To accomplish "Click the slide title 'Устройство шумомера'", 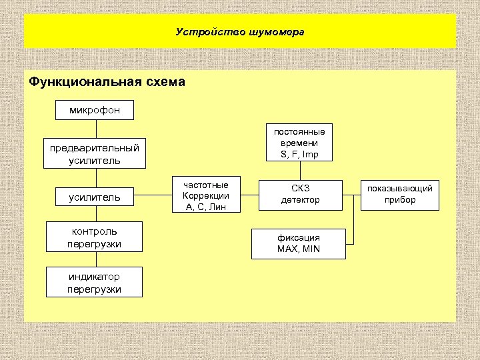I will coord(240,31).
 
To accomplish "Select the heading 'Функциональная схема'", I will coord(107,83).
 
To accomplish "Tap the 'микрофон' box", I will coord(95,109).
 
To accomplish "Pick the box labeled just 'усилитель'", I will coord(95,197).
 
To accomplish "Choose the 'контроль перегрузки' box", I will coord(95,238).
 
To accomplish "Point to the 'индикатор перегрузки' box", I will coord(95,282).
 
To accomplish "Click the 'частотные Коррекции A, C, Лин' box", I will coord(205,196).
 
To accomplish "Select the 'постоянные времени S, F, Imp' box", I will coord(300,143).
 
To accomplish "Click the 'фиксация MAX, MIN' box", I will coord(299,243).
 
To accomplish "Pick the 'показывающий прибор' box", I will coord(400,194).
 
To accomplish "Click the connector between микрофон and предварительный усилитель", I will coord(95,128).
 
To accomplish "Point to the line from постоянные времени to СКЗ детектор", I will coord(300,170).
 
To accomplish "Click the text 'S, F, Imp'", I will coord(300,155).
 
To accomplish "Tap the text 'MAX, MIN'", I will coord(299,249).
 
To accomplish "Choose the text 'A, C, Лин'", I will coord(205,207).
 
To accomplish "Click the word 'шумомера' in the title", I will coord(277,31).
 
